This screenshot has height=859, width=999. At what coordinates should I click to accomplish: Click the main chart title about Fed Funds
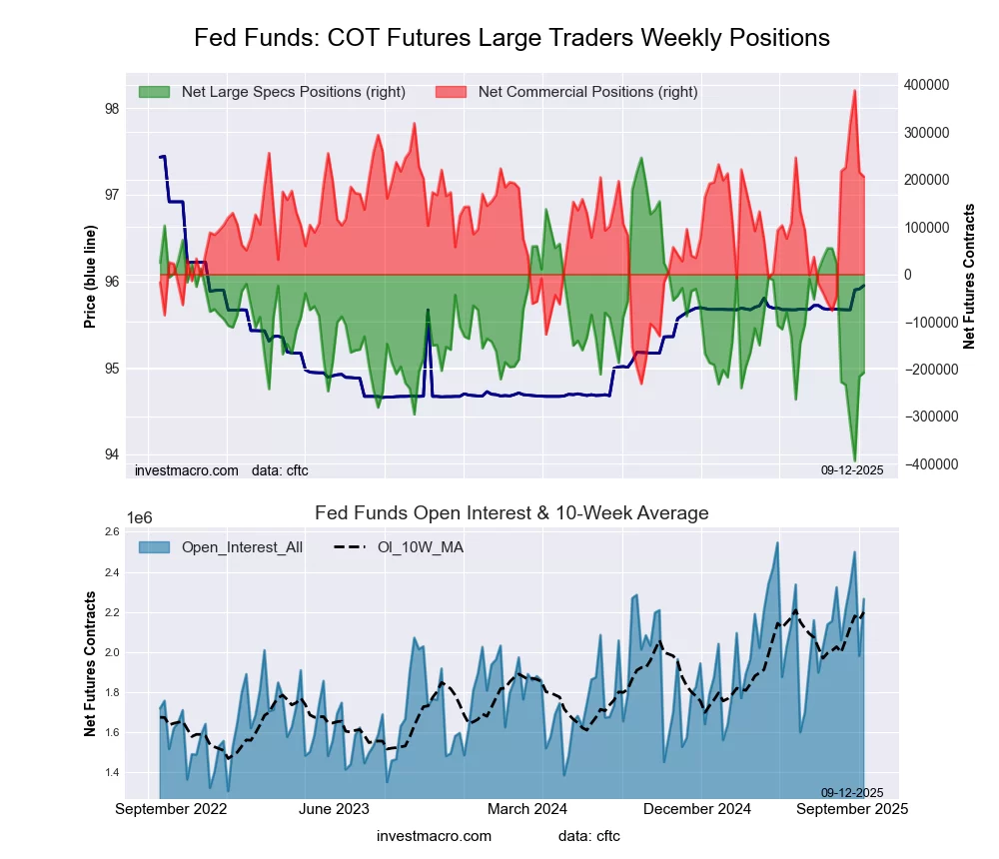tap(511, 38)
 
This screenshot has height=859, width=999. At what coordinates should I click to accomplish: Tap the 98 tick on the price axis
tap(111, 109)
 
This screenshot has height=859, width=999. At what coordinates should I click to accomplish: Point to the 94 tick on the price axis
tap(111, 454)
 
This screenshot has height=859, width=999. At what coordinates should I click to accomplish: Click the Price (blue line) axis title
tap(91, 278)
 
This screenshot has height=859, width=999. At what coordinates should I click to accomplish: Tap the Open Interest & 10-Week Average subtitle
tap(511, 513)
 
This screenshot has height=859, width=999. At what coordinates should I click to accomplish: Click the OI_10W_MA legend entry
tap(420, 547)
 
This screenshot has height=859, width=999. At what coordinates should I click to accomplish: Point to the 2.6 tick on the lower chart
tap(111, 532)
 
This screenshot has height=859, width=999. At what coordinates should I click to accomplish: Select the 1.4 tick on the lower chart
tap(111, 773)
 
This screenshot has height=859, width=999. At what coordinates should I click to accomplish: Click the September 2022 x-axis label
tap(171, 809)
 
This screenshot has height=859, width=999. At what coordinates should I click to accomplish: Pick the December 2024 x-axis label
tap(702, 809)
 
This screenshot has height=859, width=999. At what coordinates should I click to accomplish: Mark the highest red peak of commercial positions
tap(854, 91)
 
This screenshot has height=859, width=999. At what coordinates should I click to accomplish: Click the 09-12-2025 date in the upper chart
tap(852, 470)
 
